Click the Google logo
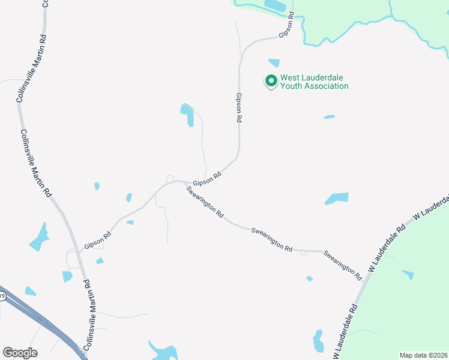tap(20, 352)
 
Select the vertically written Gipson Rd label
tap(238, 108)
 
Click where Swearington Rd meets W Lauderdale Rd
tap(364, 282)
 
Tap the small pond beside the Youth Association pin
tap(274, 62)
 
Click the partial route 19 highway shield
tap(2, 296)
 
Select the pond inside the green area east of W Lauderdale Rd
tap(408, 275)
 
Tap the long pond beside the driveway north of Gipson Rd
tap(188, 114)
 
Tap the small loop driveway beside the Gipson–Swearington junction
tap(170, 178)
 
